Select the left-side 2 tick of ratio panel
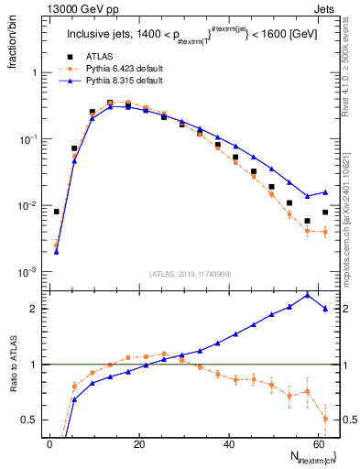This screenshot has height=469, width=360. point(37,309)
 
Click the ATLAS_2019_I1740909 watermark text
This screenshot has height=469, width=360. point(190,274)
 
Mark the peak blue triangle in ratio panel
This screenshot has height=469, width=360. point(307,294)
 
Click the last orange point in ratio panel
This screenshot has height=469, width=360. point(325,419)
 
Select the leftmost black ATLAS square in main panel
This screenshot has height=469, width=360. point(57,212)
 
